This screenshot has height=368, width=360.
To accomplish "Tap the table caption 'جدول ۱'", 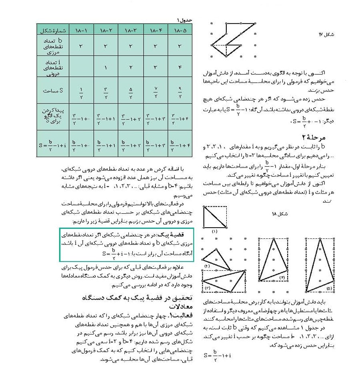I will point(184,20).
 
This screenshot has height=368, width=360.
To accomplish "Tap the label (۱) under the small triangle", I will point(215,231).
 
